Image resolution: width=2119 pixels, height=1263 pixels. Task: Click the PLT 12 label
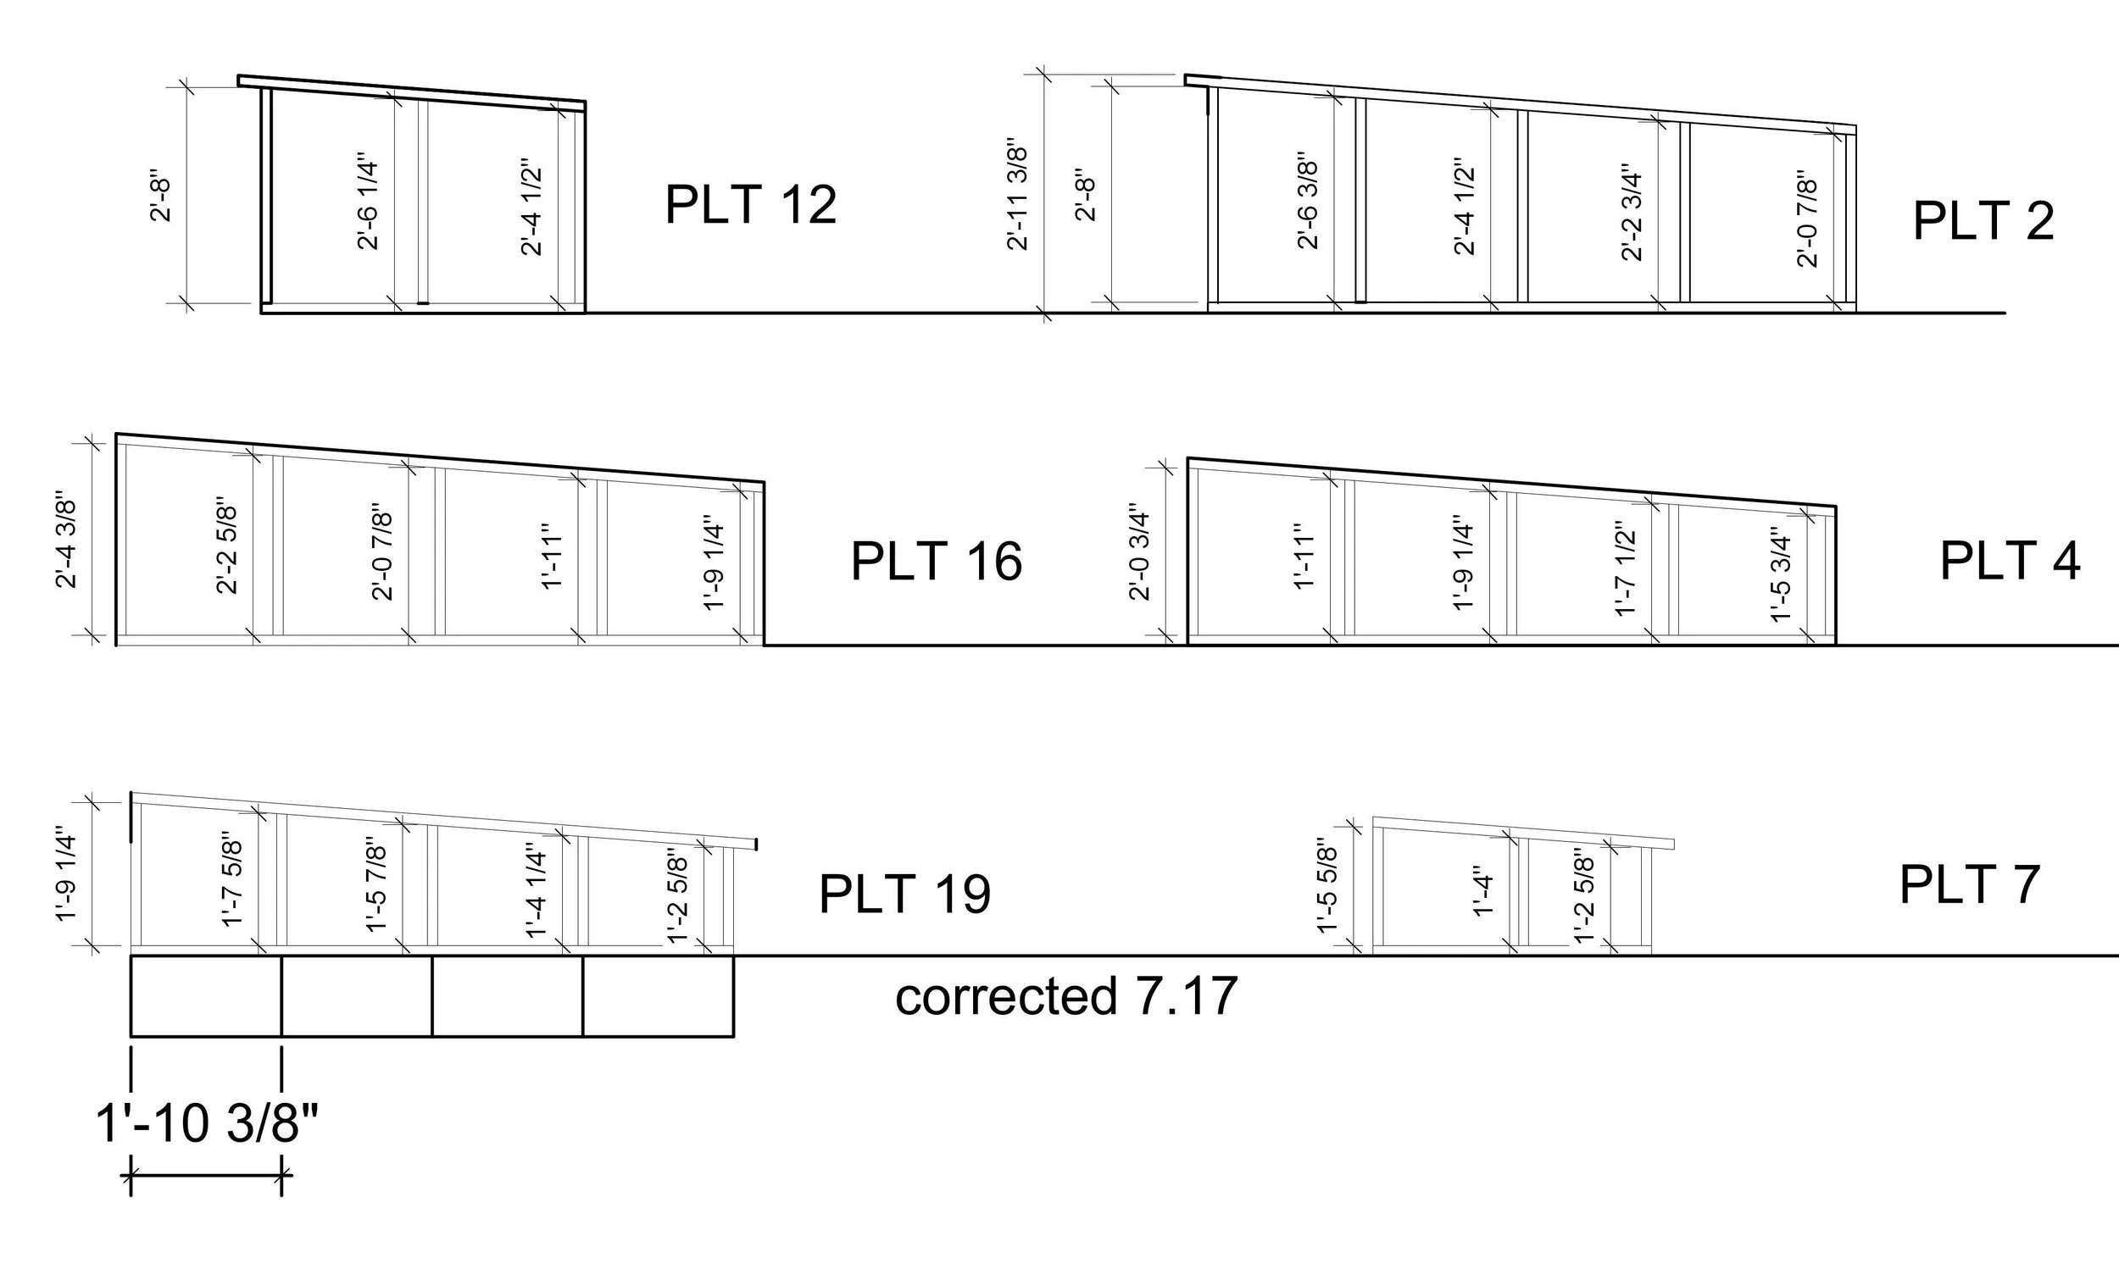coord(750,204)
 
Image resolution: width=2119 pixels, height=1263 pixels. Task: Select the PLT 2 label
coord(1983,221)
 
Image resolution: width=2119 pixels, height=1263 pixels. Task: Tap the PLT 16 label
coord(936,562)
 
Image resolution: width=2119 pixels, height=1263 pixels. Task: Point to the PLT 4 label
coord(2009,562)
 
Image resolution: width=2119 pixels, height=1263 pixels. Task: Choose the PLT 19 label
coord(904,894)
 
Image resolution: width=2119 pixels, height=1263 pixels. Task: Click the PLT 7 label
coord(1969,885)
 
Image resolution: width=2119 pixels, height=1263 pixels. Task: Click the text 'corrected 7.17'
coord(1066,997)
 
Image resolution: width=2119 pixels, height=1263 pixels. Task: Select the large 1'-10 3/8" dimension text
coord(206,1123)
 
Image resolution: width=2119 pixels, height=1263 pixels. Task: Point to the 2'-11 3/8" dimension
coord(1018,194)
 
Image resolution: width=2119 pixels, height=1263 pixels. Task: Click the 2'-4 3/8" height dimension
coord(66,540)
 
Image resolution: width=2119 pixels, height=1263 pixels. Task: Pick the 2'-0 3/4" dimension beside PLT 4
coord(1139,557)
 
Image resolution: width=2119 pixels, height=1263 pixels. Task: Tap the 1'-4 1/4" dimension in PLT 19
coord(537,891)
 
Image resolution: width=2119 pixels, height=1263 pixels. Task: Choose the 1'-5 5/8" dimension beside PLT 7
coord(1328,889)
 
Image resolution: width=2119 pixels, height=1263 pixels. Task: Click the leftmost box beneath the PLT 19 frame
coord(206,996)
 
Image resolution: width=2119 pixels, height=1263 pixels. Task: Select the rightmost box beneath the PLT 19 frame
coord(658,996)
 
